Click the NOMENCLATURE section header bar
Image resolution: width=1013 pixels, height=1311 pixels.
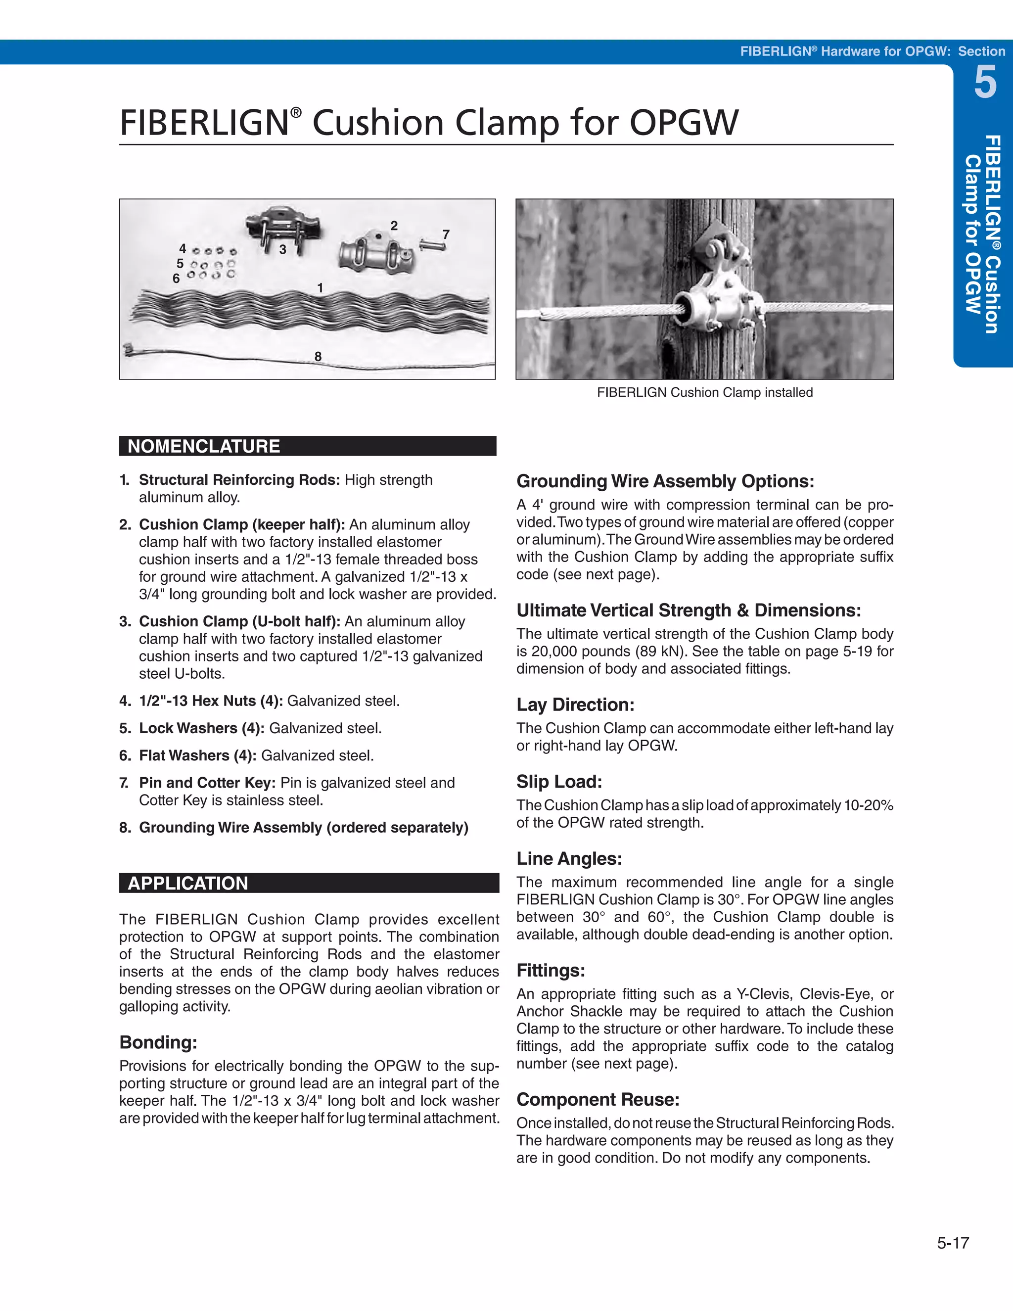(x=307, y=446)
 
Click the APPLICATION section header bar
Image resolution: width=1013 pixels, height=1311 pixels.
(x=309, y=883)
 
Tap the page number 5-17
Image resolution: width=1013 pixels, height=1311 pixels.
(x=952, y=1243)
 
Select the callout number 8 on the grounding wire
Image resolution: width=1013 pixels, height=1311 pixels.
(x=318, y=357)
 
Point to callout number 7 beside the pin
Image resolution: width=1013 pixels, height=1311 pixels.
(x=445, y=234)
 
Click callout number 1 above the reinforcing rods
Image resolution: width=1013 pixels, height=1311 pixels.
(x=320, y=288)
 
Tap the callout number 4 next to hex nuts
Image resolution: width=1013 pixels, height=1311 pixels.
(x=183, y=248)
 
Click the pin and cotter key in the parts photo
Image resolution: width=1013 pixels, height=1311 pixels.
(x=432, y=245)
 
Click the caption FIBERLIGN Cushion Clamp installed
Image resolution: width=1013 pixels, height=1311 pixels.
(x=704, y=393)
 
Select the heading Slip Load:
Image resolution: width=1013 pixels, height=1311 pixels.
(x=559, y=782)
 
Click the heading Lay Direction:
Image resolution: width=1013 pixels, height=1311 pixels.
(x=575, y=704)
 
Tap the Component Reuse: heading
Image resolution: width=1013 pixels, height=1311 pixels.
(x=598, y=1100)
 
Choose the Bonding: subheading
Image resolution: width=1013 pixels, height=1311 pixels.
(x=158, y=1042)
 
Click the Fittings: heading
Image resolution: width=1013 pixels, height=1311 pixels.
(x=551, y=971)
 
